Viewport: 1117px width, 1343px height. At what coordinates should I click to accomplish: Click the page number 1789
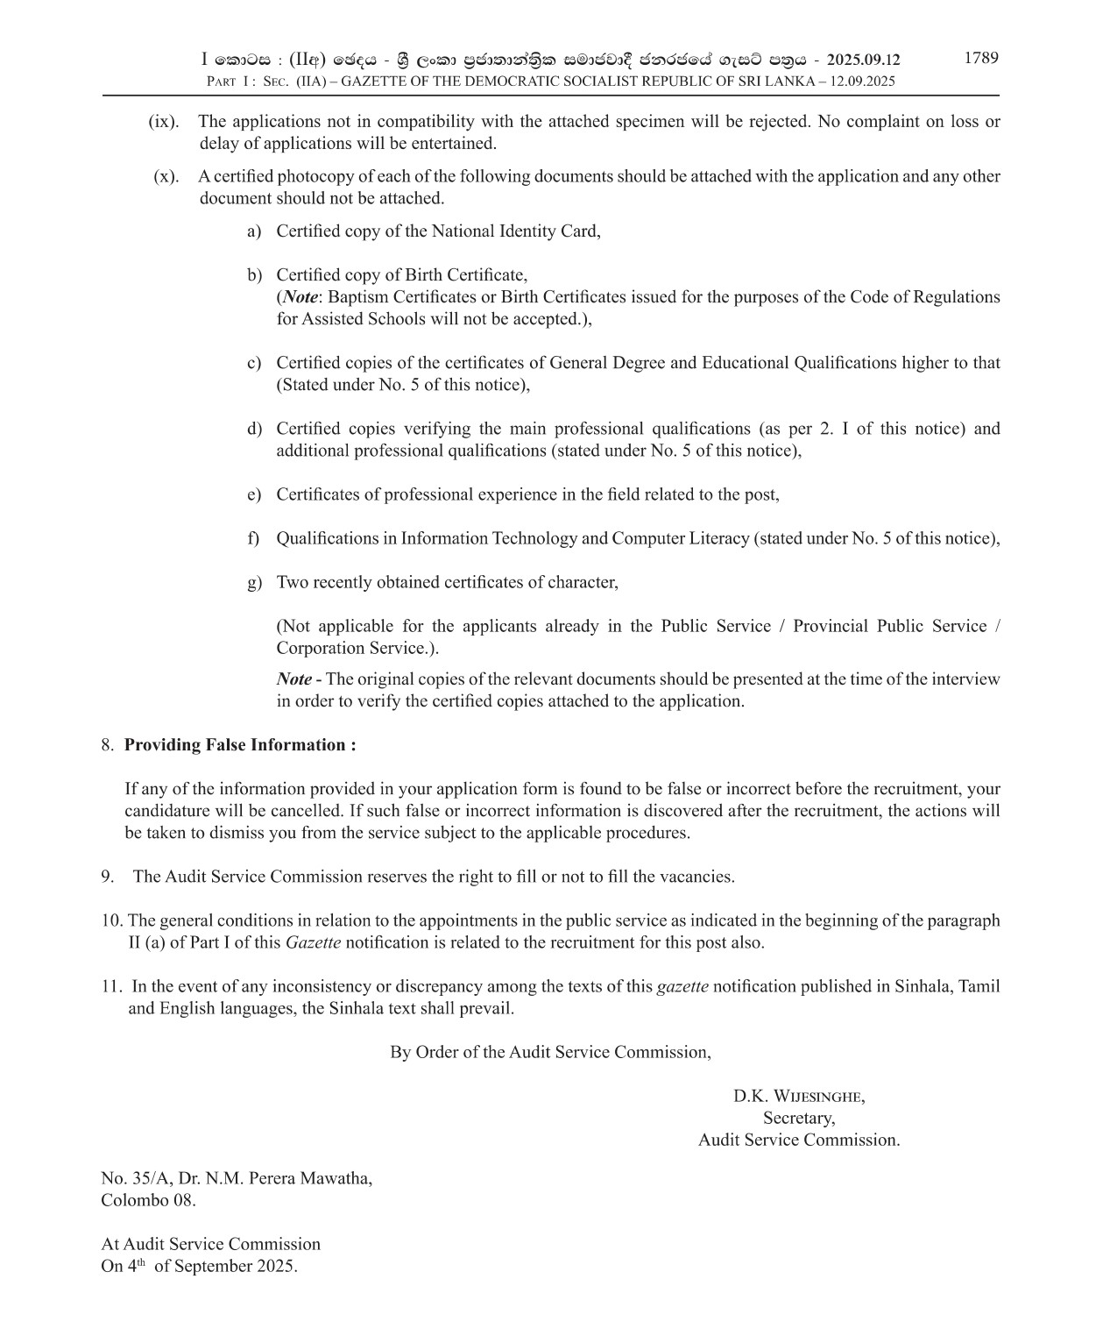[x=981, y=58]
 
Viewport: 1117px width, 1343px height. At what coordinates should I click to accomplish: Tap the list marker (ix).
[x=163, y=122]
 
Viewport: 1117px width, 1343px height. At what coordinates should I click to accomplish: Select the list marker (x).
[x=166, y=176]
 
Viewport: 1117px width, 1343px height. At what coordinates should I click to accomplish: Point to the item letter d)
[x=254, y=429]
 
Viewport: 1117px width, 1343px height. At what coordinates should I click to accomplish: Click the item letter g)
[x=254, y=582]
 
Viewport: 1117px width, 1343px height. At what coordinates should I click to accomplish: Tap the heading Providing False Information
[x=239, y=745]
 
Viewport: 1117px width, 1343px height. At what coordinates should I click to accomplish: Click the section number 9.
[x=108, y=877]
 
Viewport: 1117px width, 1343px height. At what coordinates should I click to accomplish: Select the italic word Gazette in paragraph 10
[x=313, y=943]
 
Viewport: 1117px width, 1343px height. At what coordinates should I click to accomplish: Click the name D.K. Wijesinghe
[x=799, y=1096]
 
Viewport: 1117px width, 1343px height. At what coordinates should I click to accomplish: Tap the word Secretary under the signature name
[x=799, y=1118]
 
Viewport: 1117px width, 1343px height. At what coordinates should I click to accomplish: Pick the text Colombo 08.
[x=148, y=1200]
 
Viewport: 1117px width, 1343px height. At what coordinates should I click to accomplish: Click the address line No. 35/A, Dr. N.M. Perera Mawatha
[x=237, y=1178]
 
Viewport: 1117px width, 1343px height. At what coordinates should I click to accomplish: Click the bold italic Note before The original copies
[x=294, y=679]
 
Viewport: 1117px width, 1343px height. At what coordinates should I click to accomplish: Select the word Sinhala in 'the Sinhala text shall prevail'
[x=357, y=1008]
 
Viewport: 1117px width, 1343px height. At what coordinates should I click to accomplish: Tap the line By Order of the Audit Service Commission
[x=550, y=1052]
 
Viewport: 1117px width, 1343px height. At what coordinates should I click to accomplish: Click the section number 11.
[x=110, y=986]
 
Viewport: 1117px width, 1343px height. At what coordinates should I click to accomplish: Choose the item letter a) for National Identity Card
[x=254, y=231]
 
